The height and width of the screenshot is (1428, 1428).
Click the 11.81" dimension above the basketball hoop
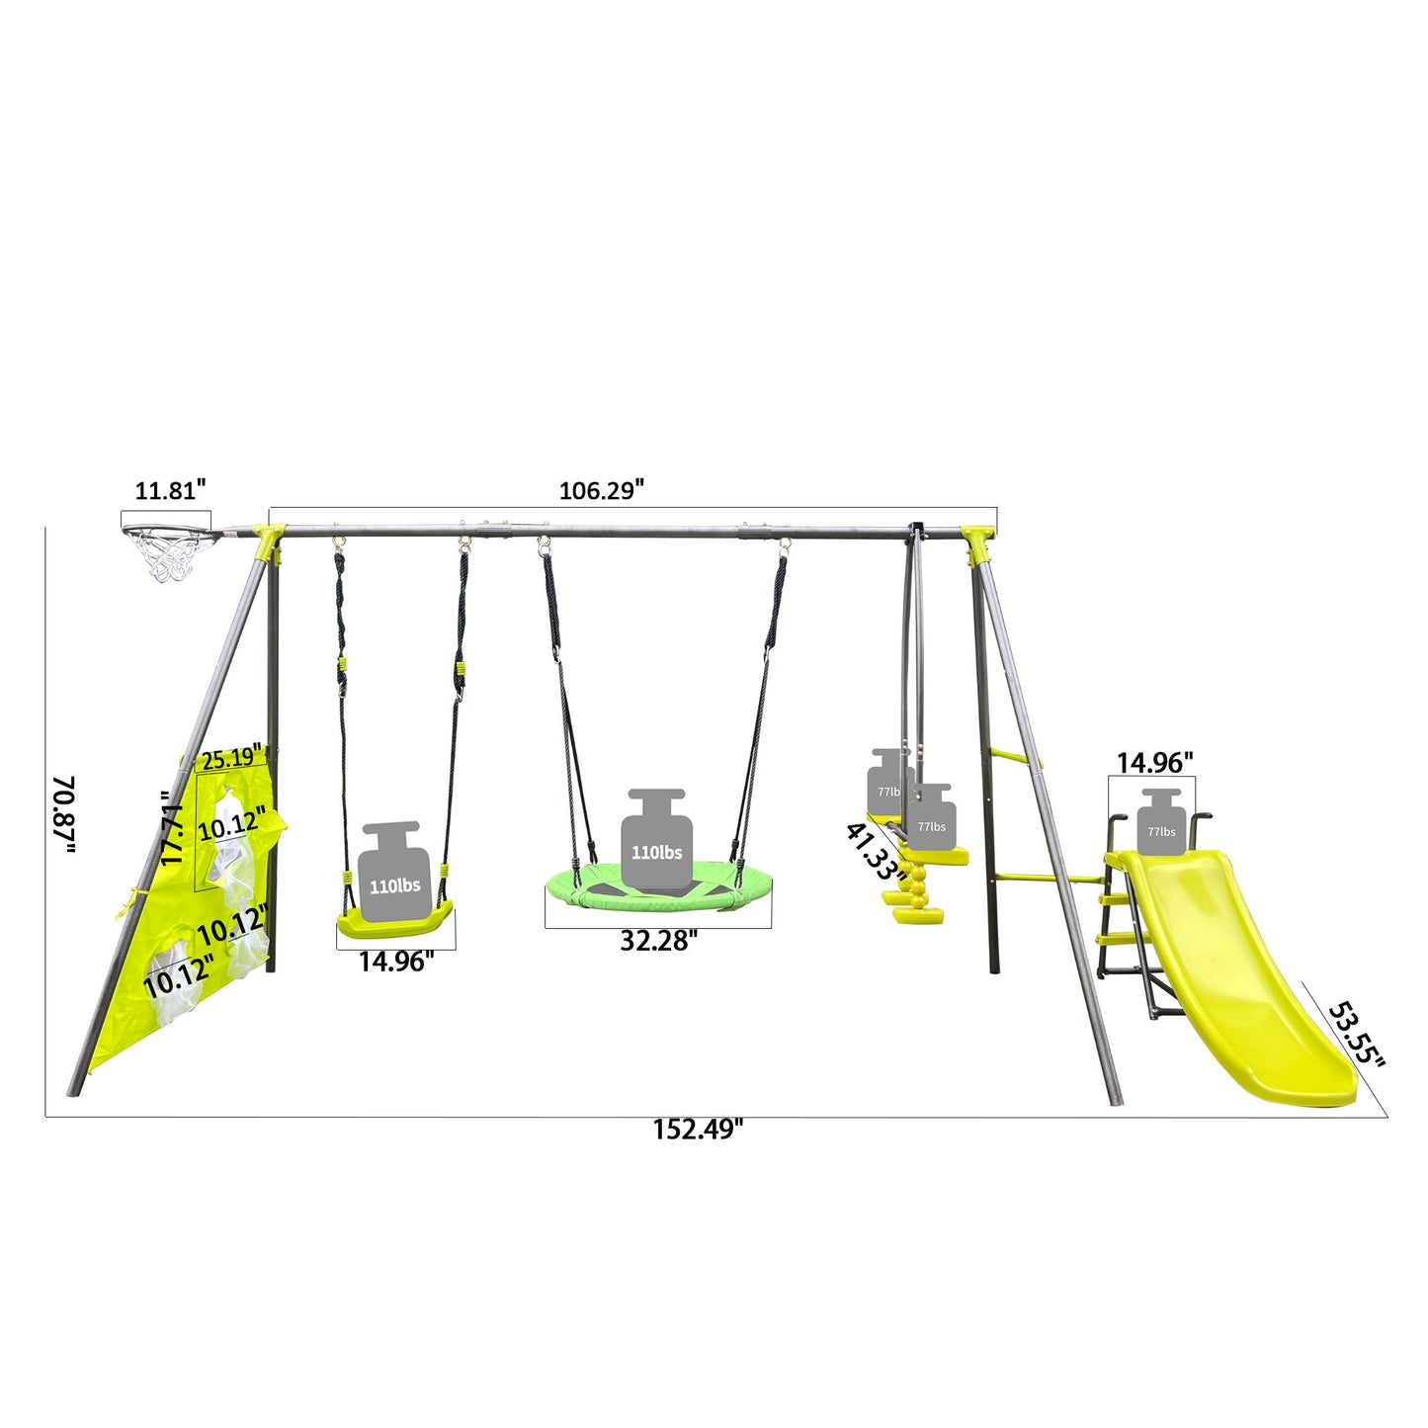(170, 489)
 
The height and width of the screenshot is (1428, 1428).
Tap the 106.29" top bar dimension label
(601, 490)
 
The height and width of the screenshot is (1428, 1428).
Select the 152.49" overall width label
(697, 1130)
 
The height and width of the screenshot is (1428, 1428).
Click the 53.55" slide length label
(1355, 1035)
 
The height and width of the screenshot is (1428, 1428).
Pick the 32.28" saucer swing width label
(658, 941)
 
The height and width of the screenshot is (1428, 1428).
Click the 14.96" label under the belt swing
(395, 962)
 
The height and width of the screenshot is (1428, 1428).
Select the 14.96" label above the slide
(1154, 763)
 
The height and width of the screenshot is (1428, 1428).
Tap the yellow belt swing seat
(394, 922)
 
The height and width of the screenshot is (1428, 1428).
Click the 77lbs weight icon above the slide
(1161, 822)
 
